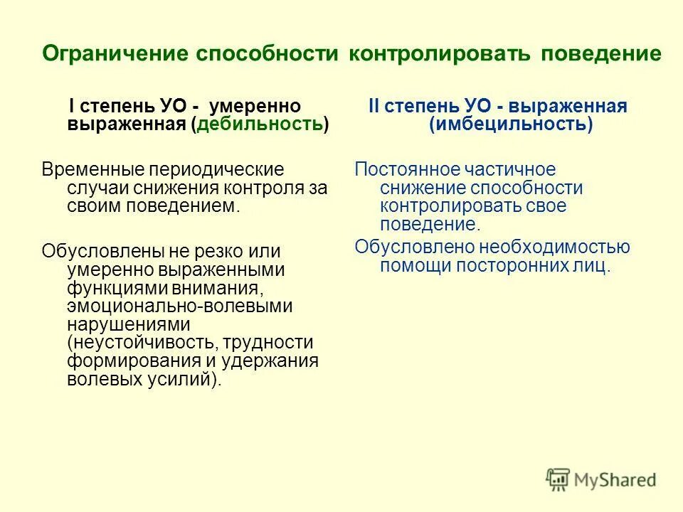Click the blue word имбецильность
[x=510, y=124]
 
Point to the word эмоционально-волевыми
[x=180, y=306]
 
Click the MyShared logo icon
[x=558, y=480]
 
